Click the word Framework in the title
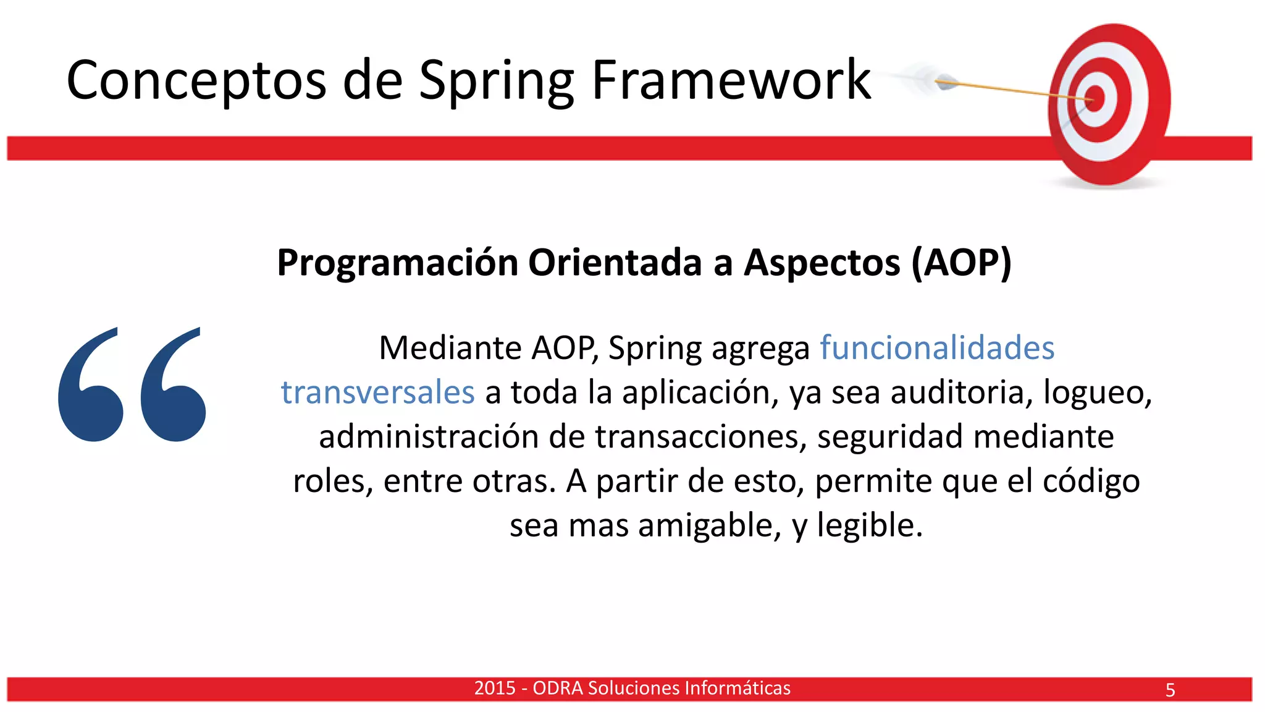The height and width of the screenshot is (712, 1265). [731, 80]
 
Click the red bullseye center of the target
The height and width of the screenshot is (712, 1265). [1095, 99]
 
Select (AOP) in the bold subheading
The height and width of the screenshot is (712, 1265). [962, 263]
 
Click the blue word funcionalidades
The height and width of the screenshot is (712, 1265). [936, 348]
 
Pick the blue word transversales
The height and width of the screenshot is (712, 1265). [377, 392]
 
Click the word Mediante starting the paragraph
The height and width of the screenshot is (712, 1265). [450, 348]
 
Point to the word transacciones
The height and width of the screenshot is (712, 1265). [700, 437]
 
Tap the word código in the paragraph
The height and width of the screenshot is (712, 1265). [1091, 481]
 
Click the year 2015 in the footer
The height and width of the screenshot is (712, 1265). [494, 688]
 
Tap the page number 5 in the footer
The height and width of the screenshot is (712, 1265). [1170, 690]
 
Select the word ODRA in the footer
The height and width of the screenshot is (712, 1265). [557, 688]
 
